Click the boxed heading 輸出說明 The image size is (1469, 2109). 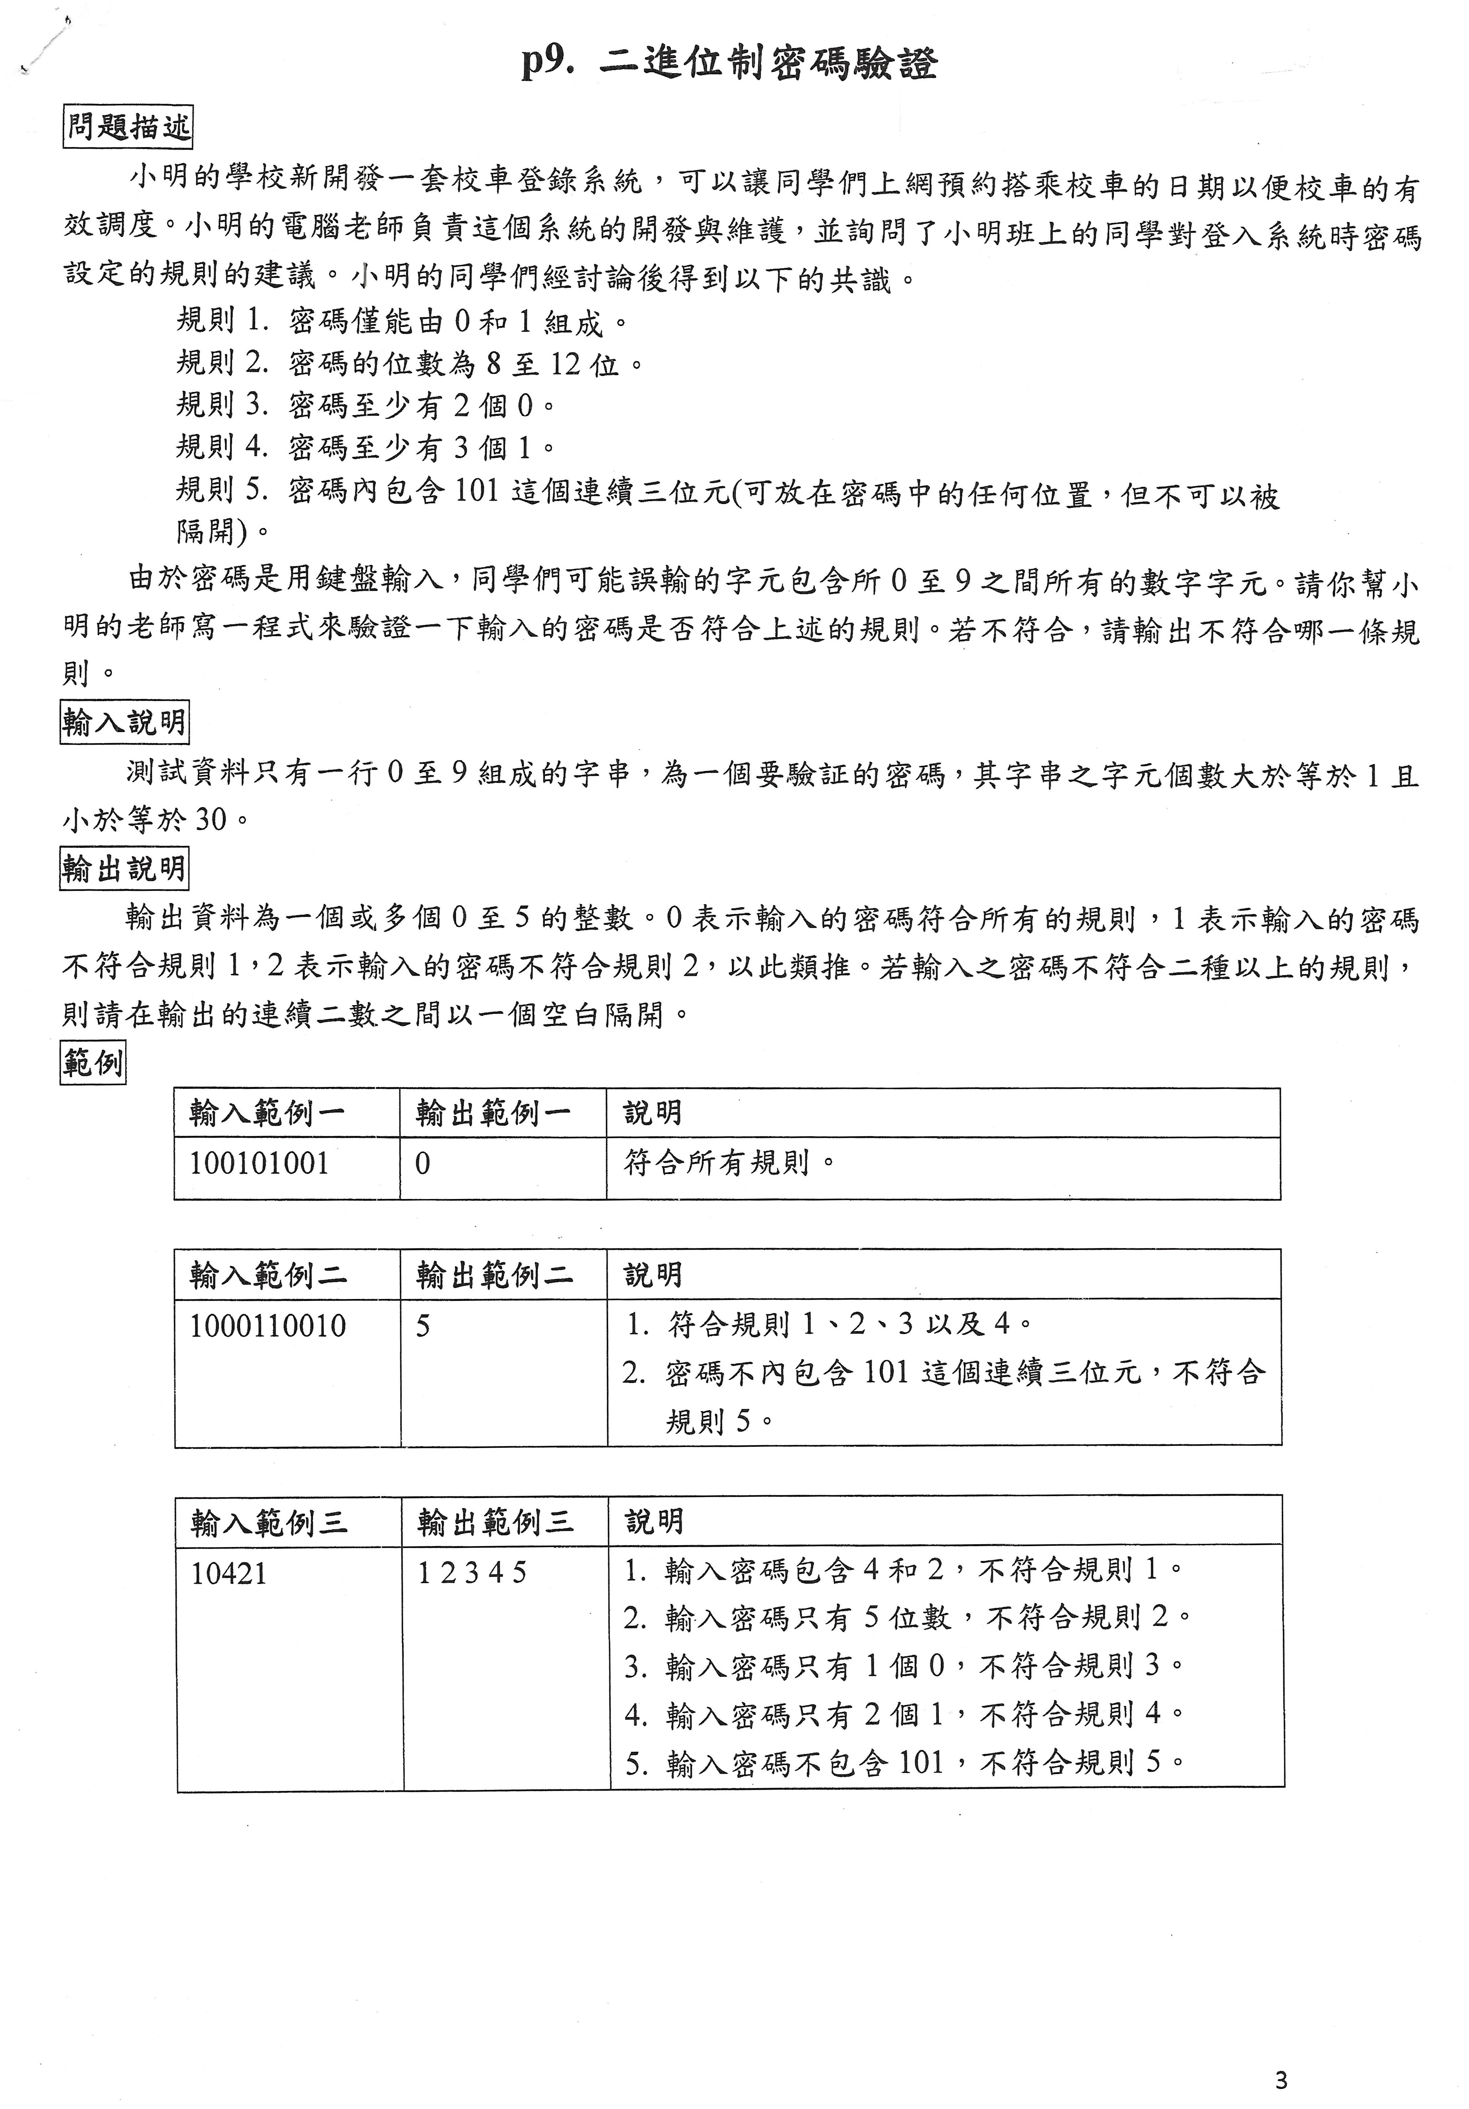tap(124, 868)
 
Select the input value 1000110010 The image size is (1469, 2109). tap(267, 1325)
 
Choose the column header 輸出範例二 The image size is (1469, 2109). tap(494, 1275)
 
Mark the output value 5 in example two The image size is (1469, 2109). tap(423, 1325)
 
